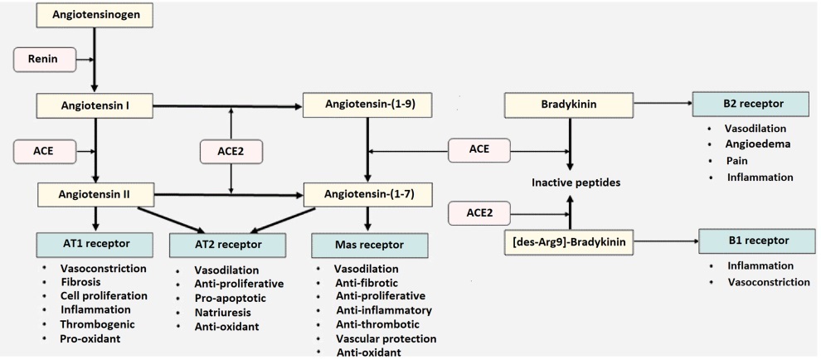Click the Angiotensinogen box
point(95,16)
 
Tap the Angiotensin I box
point(95,106)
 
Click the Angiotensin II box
point(95,196)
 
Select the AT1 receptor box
point(95,245)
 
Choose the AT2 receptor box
point(227,245)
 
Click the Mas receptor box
point(369,245)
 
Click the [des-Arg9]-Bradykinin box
point(568,242)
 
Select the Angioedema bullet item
point(757,144)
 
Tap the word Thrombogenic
point(97,324)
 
